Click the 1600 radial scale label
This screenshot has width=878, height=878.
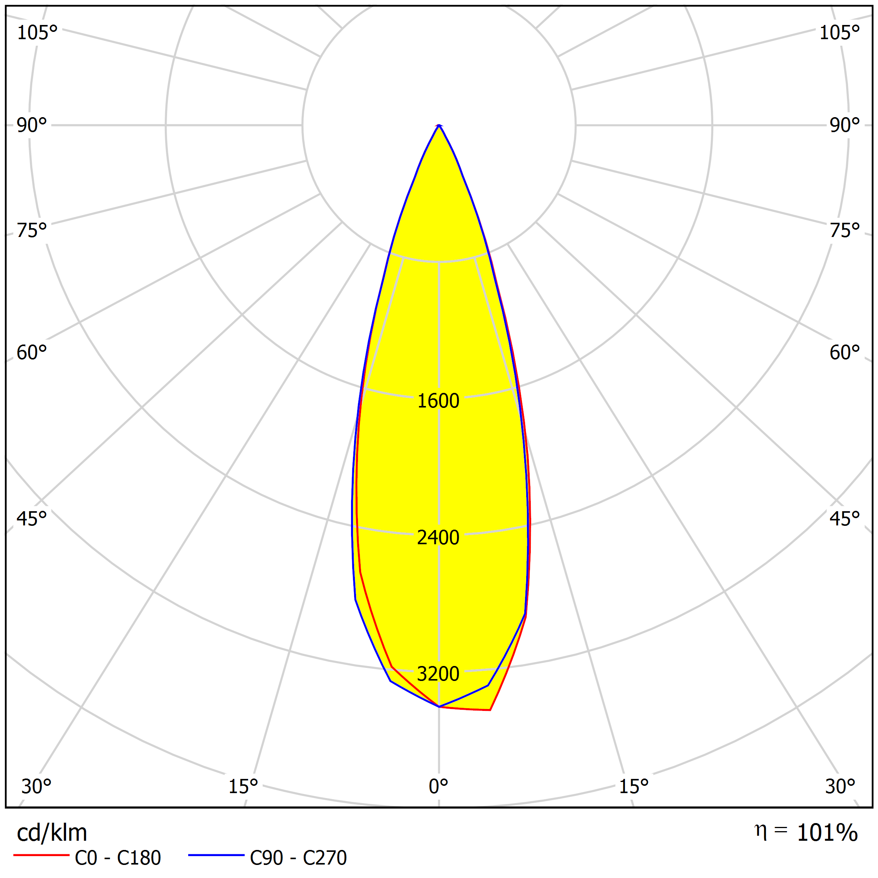438,401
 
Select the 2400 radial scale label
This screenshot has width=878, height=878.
438,538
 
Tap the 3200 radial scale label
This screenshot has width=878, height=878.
438,674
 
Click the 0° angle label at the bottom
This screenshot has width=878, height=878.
439,787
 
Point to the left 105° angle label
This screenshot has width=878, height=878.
37,33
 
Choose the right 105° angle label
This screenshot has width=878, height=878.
839,33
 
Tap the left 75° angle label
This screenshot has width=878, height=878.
32,231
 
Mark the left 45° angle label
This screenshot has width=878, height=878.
32,519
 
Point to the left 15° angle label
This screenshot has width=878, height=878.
243,787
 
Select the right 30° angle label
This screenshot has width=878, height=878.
840,787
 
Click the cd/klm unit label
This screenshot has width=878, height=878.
52,833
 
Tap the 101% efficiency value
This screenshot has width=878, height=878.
827,833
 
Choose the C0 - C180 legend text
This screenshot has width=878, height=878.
118,858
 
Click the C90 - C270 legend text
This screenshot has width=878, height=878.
298,858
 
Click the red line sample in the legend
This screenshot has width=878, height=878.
41,855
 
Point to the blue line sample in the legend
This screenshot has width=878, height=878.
216,855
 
